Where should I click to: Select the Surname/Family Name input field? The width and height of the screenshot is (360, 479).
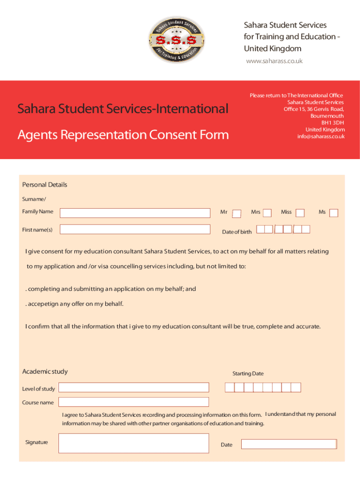click(x=135, y=213)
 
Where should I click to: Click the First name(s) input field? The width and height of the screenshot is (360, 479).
click(x=135, y=230)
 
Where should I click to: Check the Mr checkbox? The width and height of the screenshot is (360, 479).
click(x=237, y=213)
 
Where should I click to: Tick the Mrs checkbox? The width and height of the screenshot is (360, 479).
click(x=267, y=213)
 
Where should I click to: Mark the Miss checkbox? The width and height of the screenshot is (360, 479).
click(x=300, y=213)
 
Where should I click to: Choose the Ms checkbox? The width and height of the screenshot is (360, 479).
click(x=333, y=213)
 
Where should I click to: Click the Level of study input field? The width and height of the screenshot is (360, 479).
click(x=134, y=387)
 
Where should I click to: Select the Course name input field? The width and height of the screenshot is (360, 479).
click(x=134, y=402)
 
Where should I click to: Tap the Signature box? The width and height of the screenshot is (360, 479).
click(x=134, y=443)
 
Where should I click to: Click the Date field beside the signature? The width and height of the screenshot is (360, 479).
click(x=289, y=444)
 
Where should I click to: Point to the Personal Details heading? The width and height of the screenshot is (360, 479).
click(x=45, y=185)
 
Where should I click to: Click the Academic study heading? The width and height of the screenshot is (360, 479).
click(x=45, y=371)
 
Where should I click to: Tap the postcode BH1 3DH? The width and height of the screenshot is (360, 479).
click(x=332, y=123)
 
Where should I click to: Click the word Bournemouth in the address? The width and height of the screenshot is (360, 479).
click(x=327, y=116)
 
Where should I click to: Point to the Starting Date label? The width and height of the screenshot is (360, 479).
click(x=248, y=374)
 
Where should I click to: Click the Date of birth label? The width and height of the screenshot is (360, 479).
click(x=237, y=232)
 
